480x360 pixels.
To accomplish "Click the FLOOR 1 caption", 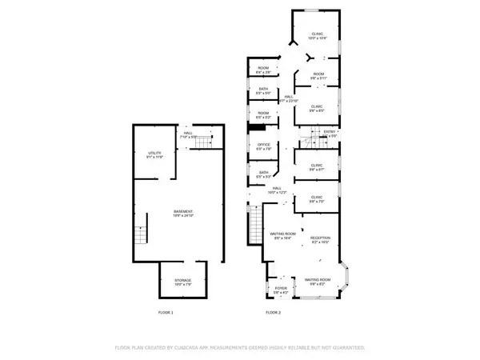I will [166, 312].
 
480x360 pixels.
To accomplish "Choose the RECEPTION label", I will [321, 239].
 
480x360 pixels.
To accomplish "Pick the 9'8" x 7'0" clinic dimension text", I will [317, 201].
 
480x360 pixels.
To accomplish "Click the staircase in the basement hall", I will [206, 142].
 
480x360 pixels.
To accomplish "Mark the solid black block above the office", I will [257, 129].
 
